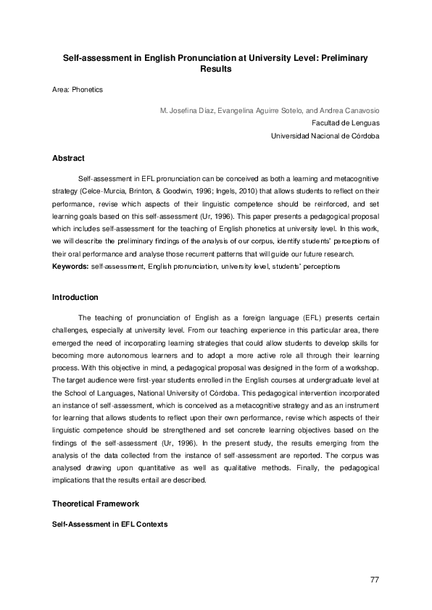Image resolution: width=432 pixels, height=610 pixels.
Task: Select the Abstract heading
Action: (x=69, y=158)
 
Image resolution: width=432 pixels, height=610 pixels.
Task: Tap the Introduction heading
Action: (x=75, y=297)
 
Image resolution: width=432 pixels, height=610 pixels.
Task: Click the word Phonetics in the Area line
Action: (x=88, y=90)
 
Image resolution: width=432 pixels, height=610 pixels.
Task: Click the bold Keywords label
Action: (x=71, y=267)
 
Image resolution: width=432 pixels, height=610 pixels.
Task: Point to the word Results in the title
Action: (x=215, y=70)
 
